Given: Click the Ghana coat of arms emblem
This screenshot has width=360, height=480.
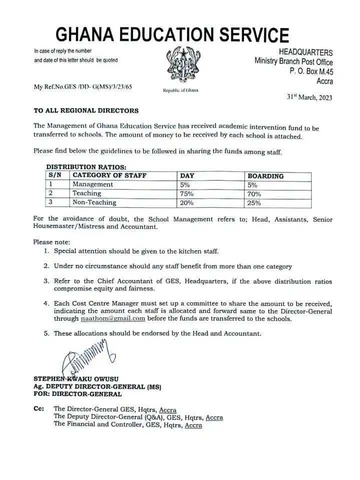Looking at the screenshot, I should click(x=180, y=65).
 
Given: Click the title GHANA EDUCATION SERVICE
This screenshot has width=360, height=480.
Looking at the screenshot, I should click(x=172, y=34).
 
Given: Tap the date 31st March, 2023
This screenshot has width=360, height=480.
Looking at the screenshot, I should click(x=309, y=97).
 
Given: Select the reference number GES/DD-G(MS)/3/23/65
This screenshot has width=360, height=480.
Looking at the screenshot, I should click(x=83, y=86).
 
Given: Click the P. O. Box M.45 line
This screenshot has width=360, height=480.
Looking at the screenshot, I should click(x=311, y=71).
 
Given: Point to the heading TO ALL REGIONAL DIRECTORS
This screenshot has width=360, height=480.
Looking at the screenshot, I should click(x=85, y=110).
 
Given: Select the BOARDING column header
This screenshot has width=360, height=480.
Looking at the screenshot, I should click(x=265, y=176).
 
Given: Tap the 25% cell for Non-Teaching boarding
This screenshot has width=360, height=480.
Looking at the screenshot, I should click(x=254, y=202).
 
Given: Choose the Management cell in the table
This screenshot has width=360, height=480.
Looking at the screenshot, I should click(x=93, y=184).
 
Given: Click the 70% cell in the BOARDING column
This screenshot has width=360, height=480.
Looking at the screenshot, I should click(x=254, y=193).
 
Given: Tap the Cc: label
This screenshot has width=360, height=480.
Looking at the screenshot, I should click(x=39, y=408).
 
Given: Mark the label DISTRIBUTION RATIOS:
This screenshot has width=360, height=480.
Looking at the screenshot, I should click(x=86, y=166).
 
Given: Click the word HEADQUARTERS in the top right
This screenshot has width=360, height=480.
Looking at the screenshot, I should click(x=305, y=52).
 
